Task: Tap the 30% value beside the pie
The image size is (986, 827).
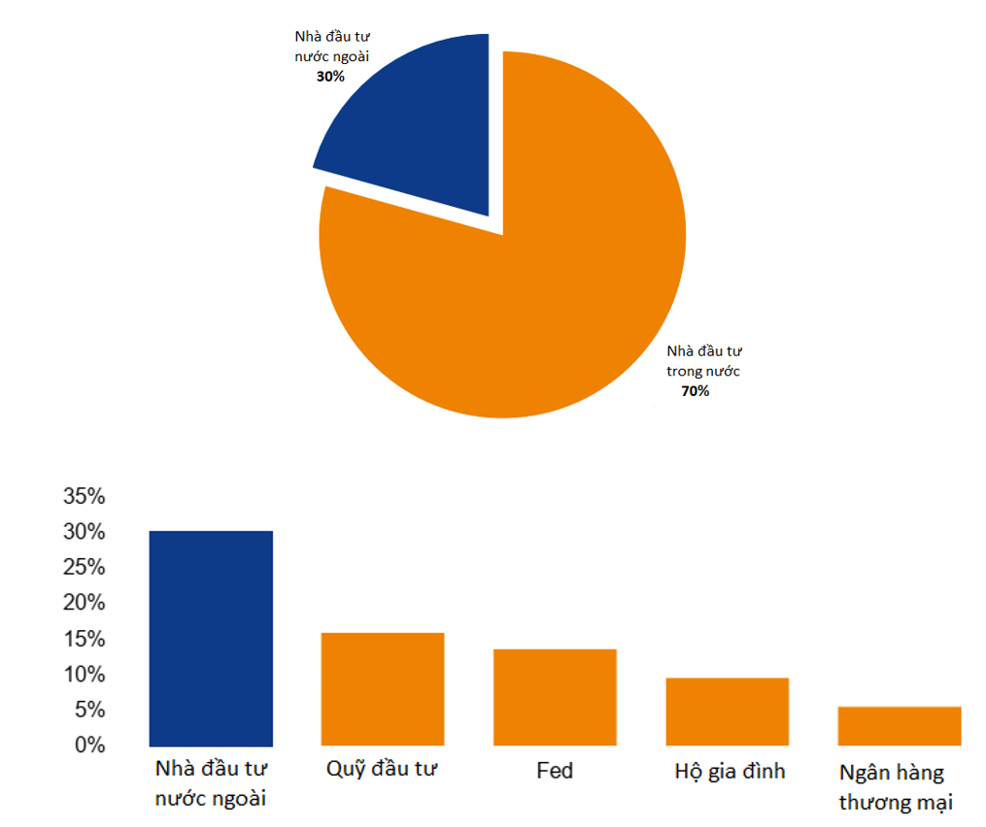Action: coord(330,76)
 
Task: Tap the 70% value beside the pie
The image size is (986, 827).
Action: coord(695,391)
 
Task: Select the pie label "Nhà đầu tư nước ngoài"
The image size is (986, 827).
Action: coord(332,47)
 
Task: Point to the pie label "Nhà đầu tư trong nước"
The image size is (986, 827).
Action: coord(703,361)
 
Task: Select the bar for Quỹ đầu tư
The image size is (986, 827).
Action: coord(383,689)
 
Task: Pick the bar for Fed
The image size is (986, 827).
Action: coord(555,697)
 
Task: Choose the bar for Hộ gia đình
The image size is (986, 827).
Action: coord(727,711)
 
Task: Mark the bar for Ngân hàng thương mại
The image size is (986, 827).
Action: coord(900,726)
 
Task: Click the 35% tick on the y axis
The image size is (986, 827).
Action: coord(84,497)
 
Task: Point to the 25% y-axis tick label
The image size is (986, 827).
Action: coord(84,568)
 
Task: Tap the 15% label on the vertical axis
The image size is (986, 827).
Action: coord(84,639)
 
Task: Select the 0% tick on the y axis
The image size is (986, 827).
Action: coord(89,745)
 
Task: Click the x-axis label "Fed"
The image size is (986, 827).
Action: coord(555,771)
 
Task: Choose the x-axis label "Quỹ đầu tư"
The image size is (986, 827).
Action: coord(383,771)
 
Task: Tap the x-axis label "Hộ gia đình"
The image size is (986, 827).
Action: coord(730,772)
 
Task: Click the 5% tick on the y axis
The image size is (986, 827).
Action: coord(89,710)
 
